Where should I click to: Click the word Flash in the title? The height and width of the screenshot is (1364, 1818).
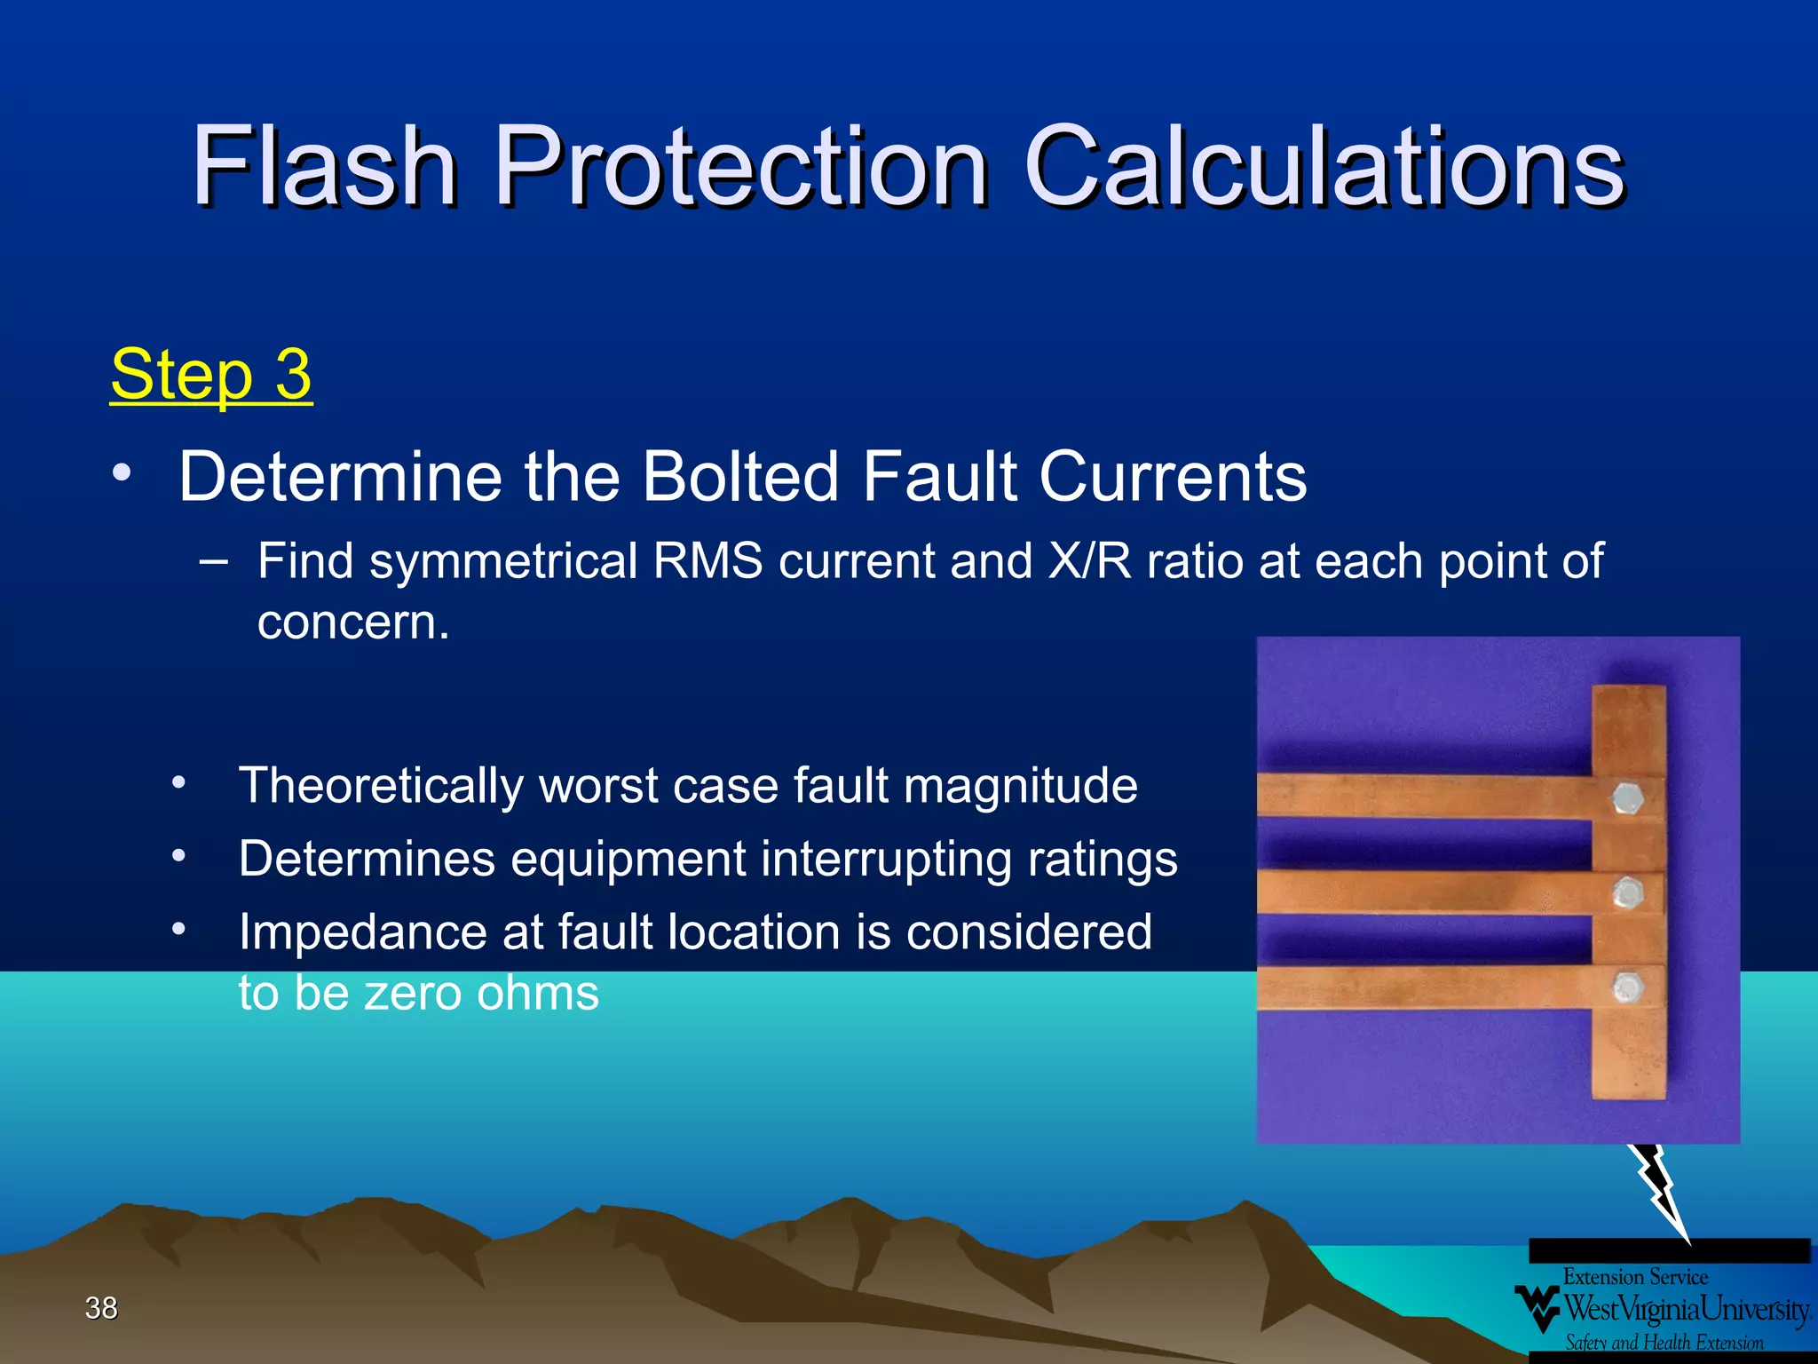point(324,167)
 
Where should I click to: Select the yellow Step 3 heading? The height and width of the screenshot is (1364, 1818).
point(211,375)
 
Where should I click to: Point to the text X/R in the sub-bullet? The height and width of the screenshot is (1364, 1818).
point(1089,561)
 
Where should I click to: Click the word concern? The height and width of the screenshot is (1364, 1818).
point(353,622)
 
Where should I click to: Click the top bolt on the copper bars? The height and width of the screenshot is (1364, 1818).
point(1627,797)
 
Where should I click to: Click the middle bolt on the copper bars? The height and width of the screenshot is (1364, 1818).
point(1627,892)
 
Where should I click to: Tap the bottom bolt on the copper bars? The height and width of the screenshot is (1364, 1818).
point(1627,987)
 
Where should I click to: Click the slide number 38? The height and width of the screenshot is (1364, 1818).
point(101,1308)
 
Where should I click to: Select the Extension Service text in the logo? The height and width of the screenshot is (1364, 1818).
point(1635,1277)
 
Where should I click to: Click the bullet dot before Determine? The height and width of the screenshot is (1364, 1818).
point(122,472)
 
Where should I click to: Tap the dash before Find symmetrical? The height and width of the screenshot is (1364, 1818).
point(213,562)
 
